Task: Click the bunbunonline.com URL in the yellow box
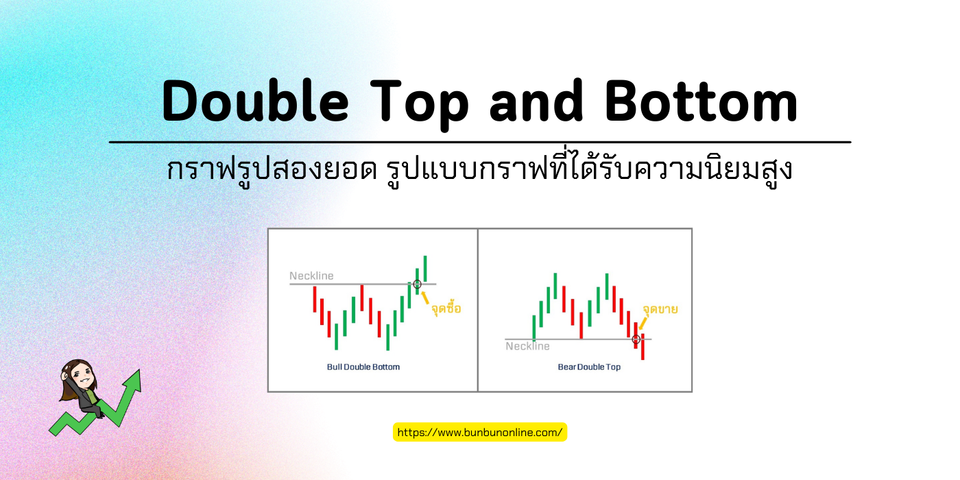(480, 432)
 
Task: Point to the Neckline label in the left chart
(311, 276)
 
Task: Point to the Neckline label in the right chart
(527, 346)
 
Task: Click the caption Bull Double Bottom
(363, 367)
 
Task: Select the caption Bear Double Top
(589, 367)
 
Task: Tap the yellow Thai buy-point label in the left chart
(446, 309)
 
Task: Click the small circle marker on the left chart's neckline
(417, 284)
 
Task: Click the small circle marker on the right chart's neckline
(636, 339)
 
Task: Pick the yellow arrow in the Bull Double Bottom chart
(426, 297)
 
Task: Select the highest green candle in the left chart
(425, 268)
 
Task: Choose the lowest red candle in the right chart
(643, 346)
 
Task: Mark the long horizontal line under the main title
(480, 143)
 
